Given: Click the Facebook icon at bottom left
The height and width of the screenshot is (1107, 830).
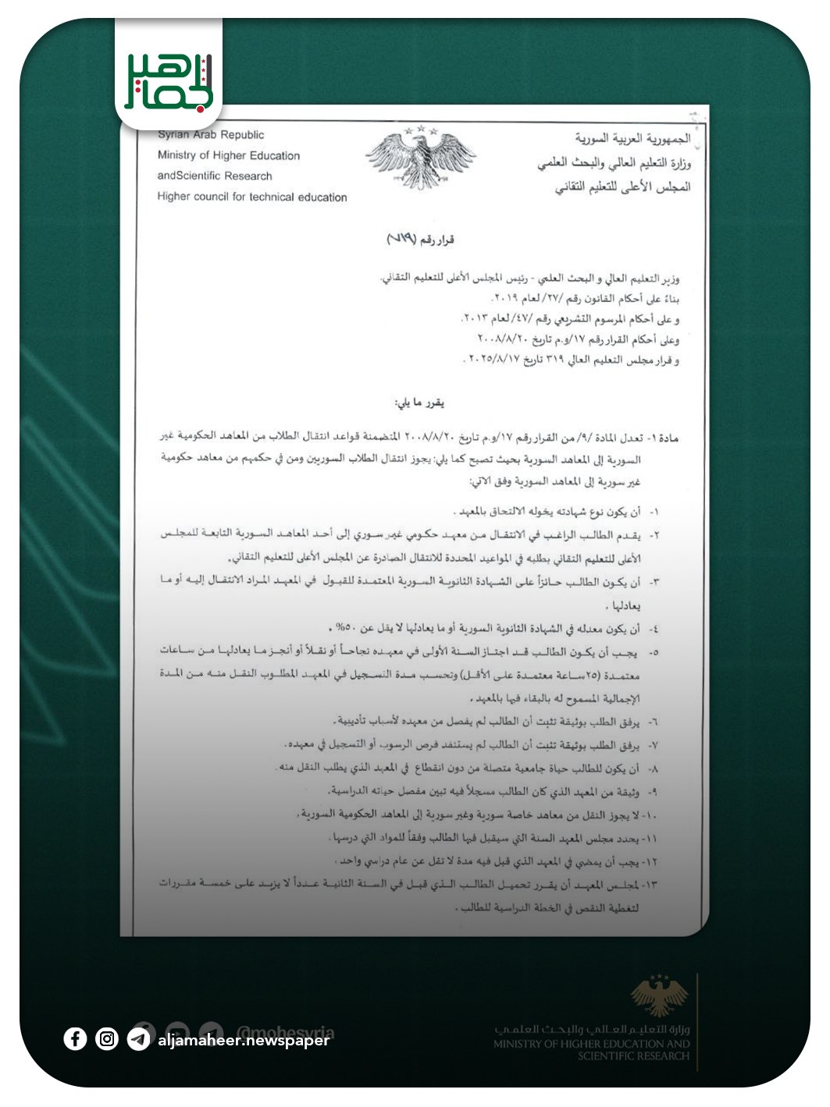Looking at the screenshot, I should point(75,1038).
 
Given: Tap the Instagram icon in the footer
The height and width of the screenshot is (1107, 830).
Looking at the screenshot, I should point(107,1038).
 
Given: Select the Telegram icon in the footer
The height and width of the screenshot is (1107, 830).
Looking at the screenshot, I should point(139,1039).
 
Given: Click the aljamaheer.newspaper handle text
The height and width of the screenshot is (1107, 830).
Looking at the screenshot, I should point(244,1040).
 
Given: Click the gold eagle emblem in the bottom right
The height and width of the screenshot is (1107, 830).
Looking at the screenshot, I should point(660,995).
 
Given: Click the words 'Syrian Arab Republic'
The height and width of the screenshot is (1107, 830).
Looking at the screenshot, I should point(212,135).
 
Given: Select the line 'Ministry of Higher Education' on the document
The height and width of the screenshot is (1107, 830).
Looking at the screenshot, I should point(229,155).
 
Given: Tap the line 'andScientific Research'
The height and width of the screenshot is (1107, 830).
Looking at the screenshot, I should point(215,176).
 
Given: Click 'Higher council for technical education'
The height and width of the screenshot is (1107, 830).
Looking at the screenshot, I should point(252,197).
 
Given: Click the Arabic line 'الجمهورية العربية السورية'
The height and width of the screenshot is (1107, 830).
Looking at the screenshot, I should point(633,138).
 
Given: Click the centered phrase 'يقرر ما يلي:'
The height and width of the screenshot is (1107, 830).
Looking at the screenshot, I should point(419,403).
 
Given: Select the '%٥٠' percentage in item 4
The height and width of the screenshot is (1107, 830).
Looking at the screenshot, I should point(344,628).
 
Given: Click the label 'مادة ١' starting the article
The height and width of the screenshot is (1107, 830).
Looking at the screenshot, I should point(662,438).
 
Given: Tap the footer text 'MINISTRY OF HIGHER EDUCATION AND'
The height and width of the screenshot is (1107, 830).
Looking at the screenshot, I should point(591,1044).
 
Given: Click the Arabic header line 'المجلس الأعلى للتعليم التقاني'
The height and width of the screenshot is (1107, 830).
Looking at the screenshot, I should point(623,187).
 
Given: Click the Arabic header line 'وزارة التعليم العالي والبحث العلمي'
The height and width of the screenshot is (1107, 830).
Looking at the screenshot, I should point(614,163).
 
